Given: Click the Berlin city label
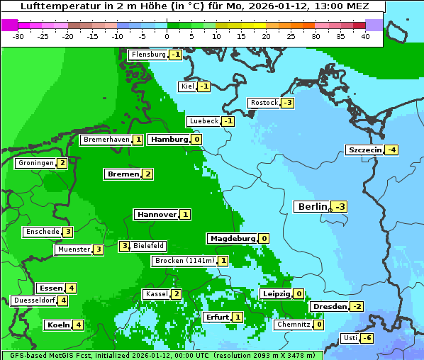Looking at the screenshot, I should click(312, 206).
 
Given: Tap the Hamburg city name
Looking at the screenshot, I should click(169, 140).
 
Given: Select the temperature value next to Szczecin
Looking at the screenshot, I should click(391, 150).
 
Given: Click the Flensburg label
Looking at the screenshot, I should click(147, 54).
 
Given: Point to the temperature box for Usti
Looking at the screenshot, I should click(367, 338).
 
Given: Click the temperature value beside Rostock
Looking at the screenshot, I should click(287, 103).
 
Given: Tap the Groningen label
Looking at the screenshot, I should click(36, 163).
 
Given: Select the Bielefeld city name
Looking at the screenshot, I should click(149, 246).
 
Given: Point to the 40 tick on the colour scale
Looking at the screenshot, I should click(365, 36).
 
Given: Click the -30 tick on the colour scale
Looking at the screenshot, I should click(18, 36).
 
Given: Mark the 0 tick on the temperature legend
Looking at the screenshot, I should click(167, 36).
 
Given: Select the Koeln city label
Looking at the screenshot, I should click(57, 325).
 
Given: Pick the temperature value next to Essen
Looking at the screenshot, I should click(71, 288).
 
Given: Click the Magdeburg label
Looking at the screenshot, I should click(232, 238).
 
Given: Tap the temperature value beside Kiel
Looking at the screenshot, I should click(204, 86).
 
